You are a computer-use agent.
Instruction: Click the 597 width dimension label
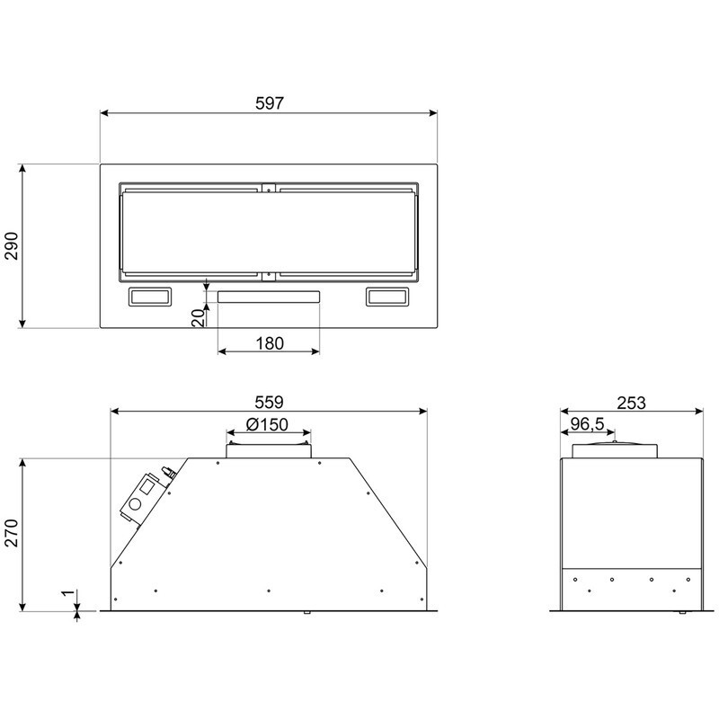point(270,103)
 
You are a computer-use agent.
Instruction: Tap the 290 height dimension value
point(12,246)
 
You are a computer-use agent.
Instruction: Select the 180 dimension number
point(270,343)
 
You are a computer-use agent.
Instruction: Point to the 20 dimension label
point(198,318)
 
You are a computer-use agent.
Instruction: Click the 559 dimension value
point(269,402)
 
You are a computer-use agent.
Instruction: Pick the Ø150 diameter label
point(267,424)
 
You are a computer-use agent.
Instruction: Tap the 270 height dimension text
point(12,533)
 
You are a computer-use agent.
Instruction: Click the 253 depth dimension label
point(631,403)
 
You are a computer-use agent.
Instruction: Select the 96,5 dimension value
point(588,424)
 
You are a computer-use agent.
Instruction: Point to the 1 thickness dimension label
point(68,593)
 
